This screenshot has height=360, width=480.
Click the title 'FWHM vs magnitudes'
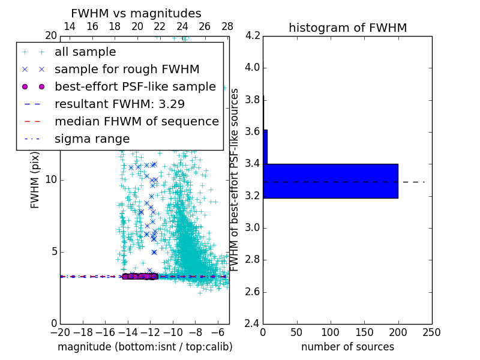pyautogui.click(x=136, y=13)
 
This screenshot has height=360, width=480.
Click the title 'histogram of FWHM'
pyautogui.click(x=347, y=28)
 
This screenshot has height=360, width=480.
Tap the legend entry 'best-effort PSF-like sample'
pyautogui.click(x=135, y=87)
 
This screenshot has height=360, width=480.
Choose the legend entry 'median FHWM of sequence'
pyautogui.click(x=136, y=122)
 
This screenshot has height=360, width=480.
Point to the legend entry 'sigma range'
pyautogui.click(x=92, y=139)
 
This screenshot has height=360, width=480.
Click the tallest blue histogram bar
pyautogui.click(x=331, y=181)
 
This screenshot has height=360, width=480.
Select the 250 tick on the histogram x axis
pyautogui.click(x=431, y=332)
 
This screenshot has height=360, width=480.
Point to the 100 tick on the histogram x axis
pyautogui.click(x=331, y=332)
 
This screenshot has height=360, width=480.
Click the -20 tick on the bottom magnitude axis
pyautogui.click(x=60, y=332)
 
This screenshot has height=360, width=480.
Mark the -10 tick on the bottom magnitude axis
pyautogui.click(x=173, y=332)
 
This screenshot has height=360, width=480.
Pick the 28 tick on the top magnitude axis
pyautogui.click(x=227, y=26)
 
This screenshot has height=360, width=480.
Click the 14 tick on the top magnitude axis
pyautogui.click(x=70, y=26)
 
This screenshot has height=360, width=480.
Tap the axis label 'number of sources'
pyautogui.click(x=347, y=347)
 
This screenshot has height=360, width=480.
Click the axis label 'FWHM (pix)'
pyautogui.click(x=35, y=179)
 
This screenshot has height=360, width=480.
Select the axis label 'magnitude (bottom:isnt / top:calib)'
pyautogui.click(x=145, y=347)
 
